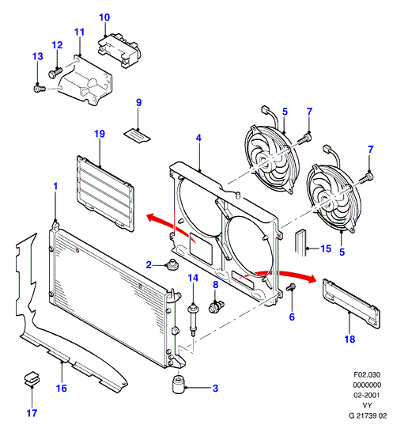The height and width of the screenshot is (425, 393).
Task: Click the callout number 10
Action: [x=104, y=17]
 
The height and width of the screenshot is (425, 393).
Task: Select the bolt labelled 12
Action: [x=55, y=72]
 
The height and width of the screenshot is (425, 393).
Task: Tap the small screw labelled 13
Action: [x=40, y=89]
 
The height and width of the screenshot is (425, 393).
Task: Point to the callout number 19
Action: [x=100, y=134]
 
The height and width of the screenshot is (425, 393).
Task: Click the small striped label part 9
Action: [x=137, y=136]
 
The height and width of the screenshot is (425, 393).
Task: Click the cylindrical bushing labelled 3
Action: [x=178, y=384]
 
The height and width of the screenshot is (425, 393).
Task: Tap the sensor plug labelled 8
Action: [x=216, y=307]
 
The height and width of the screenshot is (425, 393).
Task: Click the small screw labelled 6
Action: [x=292, y=287]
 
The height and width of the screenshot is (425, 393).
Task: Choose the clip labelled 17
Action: [x=32, y=378]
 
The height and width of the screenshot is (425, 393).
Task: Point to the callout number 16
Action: [x=62, y=388]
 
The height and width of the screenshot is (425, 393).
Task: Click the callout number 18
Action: [x=350, y=339]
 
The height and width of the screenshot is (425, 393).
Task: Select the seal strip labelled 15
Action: [x=300, y=242]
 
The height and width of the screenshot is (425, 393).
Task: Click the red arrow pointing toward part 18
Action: [x=287, y=275]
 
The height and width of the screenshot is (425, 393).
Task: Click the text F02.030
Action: [x=367, y=375]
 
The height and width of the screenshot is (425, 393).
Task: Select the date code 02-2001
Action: [x=367, y=395]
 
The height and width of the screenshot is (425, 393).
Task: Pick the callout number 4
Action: [x=198, y=138]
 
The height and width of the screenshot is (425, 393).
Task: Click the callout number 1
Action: [x=55, y=186]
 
